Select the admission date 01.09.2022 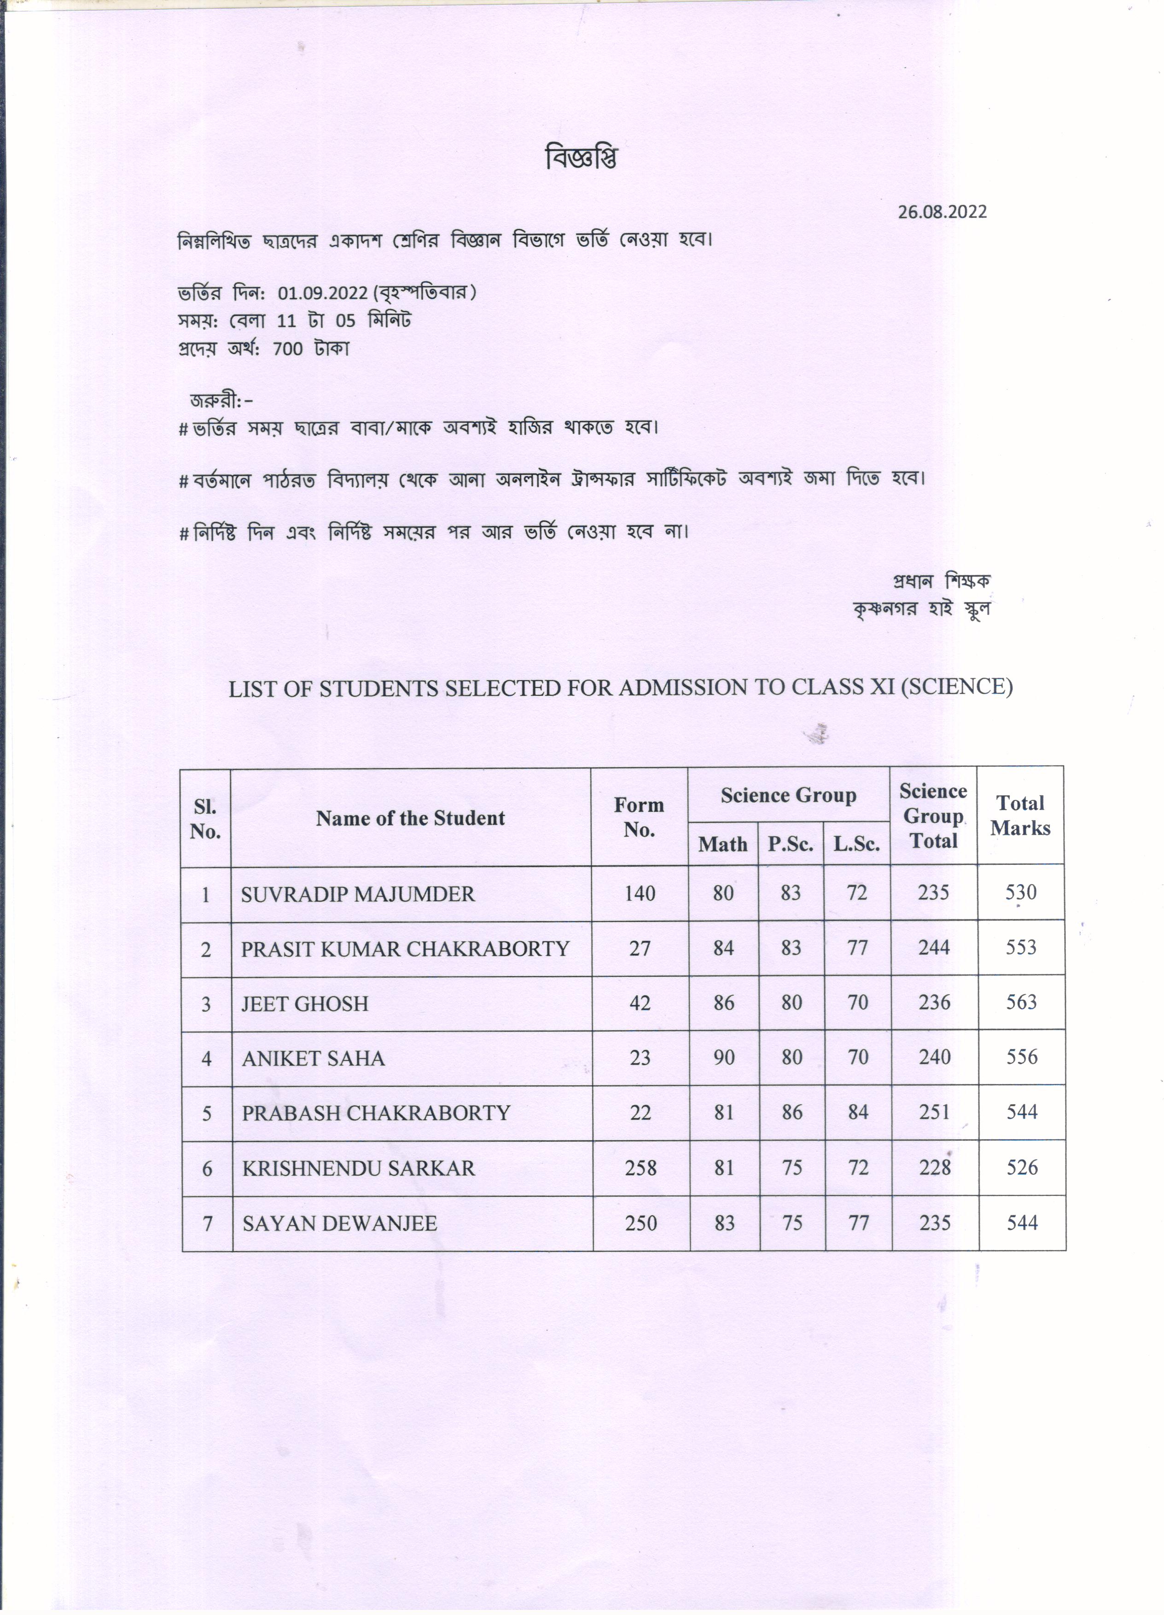[x=322, y=293]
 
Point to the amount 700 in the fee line [x=288, y=349]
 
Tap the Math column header [x=722, y=845]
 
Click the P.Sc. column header [x=790, y=845]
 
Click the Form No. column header [x=639, y=817]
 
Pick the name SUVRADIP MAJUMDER [x=357, y=894]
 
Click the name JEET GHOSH [x=305, y=1004]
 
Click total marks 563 [x=1021, y=1003]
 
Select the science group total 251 [x=934, y=1112]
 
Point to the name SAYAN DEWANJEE [x=340, y=1224]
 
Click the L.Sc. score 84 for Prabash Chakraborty [x=858, y=1112]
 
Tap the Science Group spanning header [x=788, y=795]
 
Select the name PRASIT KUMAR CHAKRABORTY [x=405, y=949]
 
